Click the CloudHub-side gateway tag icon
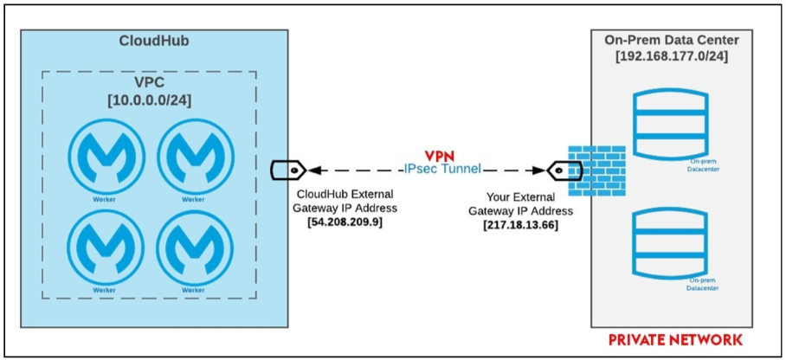click(x=284, y=169)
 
